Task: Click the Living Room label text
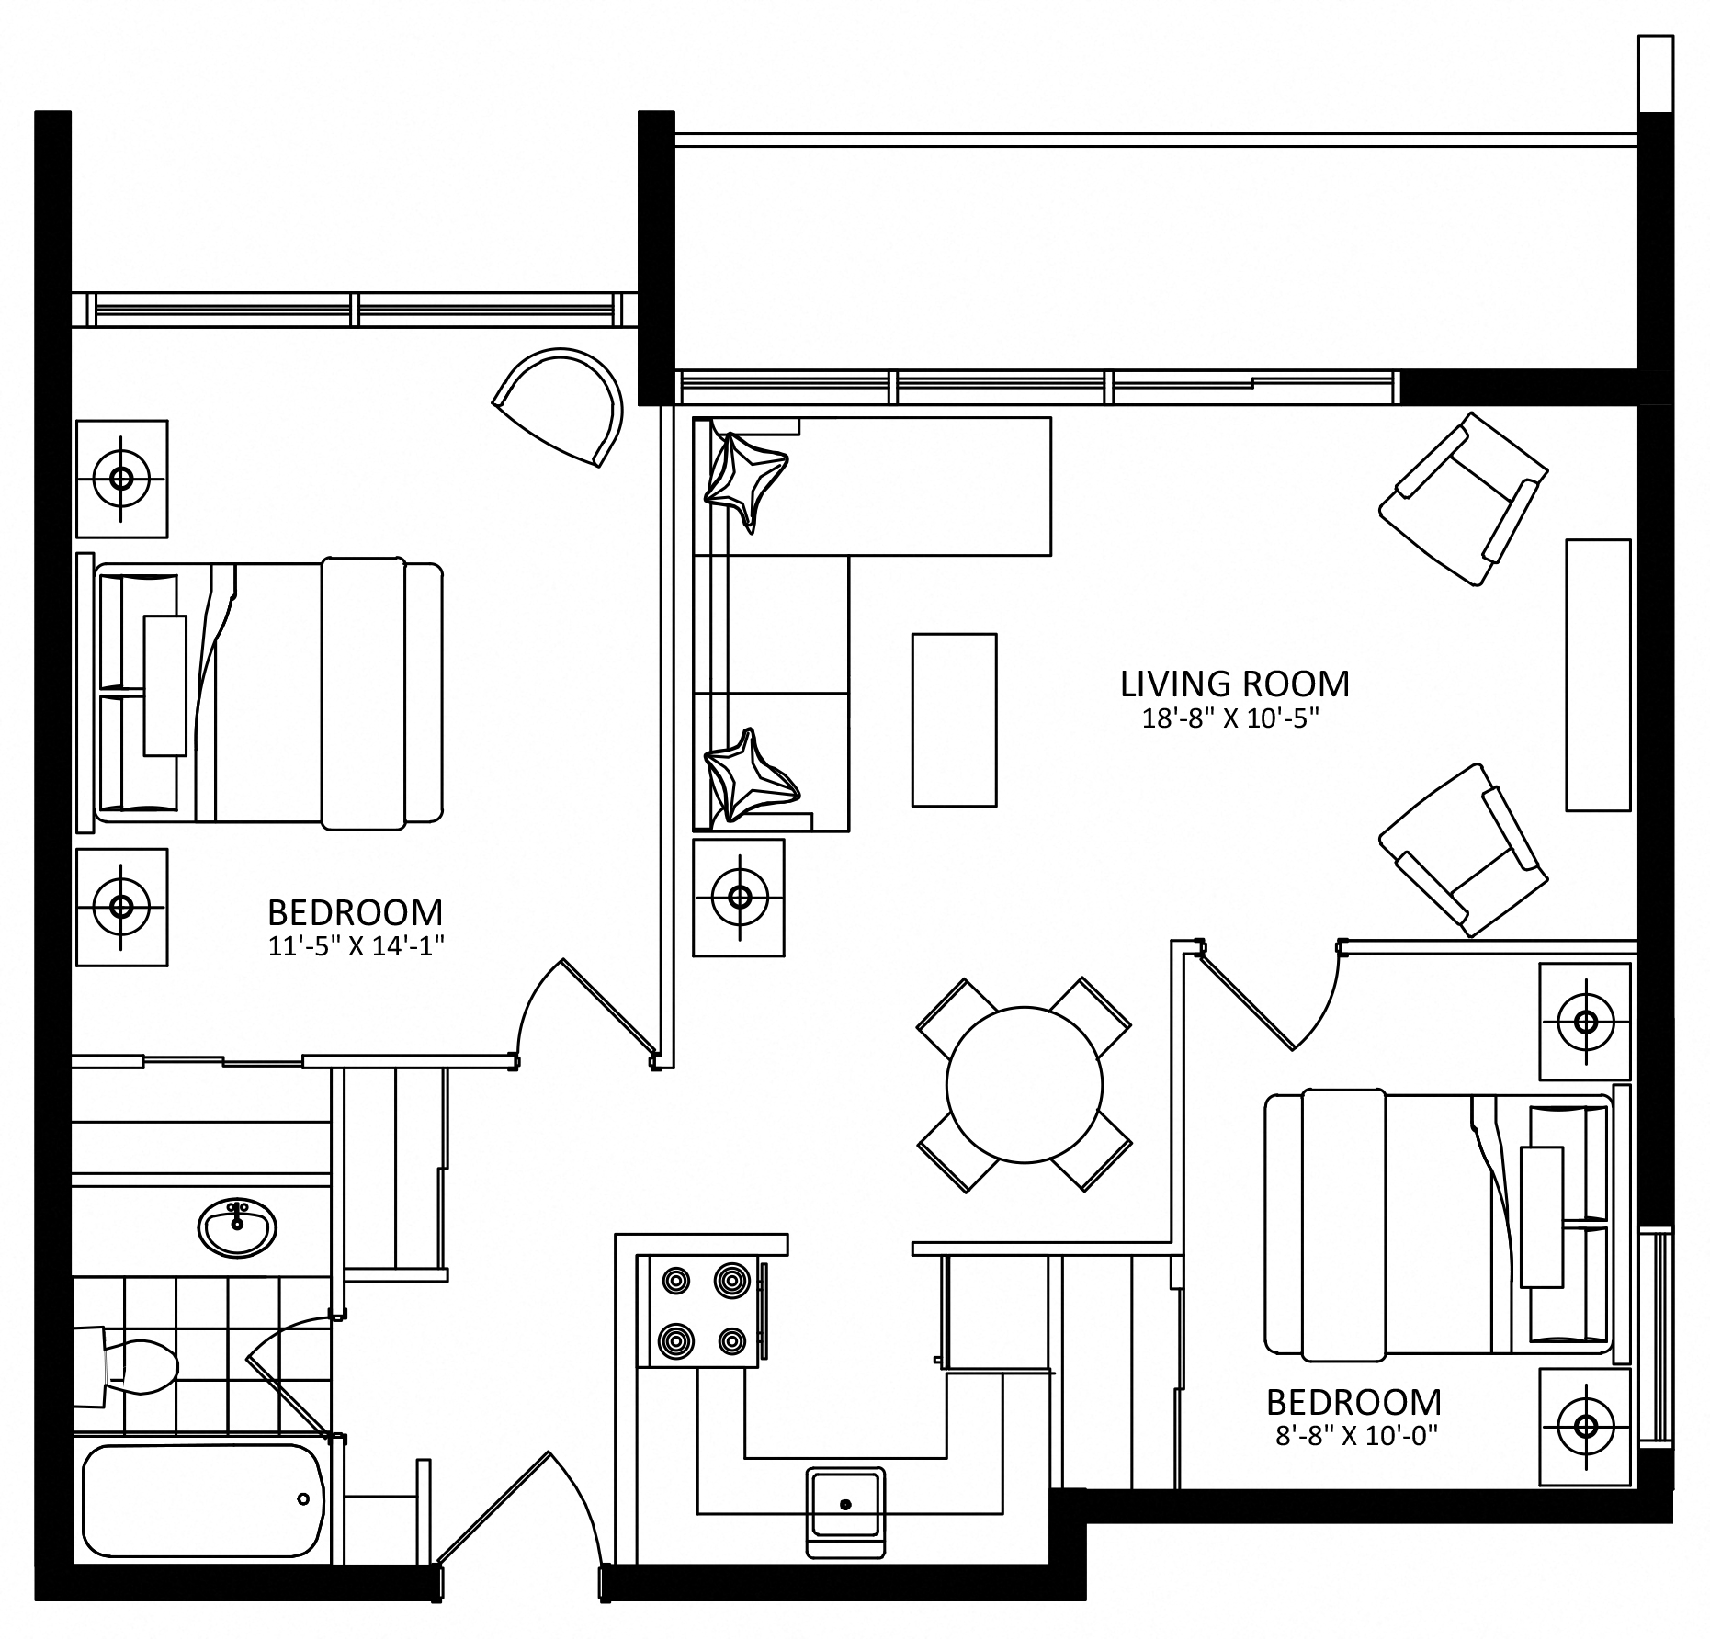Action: click(1234, 684)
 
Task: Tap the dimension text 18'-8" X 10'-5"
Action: click(1230, 719)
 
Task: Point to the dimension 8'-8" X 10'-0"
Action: click(1355, 1436)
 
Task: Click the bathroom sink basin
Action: click(237, 1228)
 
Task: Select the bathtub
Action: click(202, 1500)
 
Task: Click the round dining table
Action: click(1024, 1085)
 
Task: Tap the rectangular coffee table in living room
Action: click(954, 720)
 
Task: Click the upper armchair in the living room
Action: click(1463, 499)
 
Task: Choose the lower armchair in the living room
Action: click(1463, 850)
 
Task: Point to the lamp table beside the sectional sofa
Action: click(739, 897)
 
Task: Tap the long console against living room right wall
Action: click(1598, 675)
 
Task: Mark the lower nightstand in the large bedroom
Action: click(121, 907)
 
